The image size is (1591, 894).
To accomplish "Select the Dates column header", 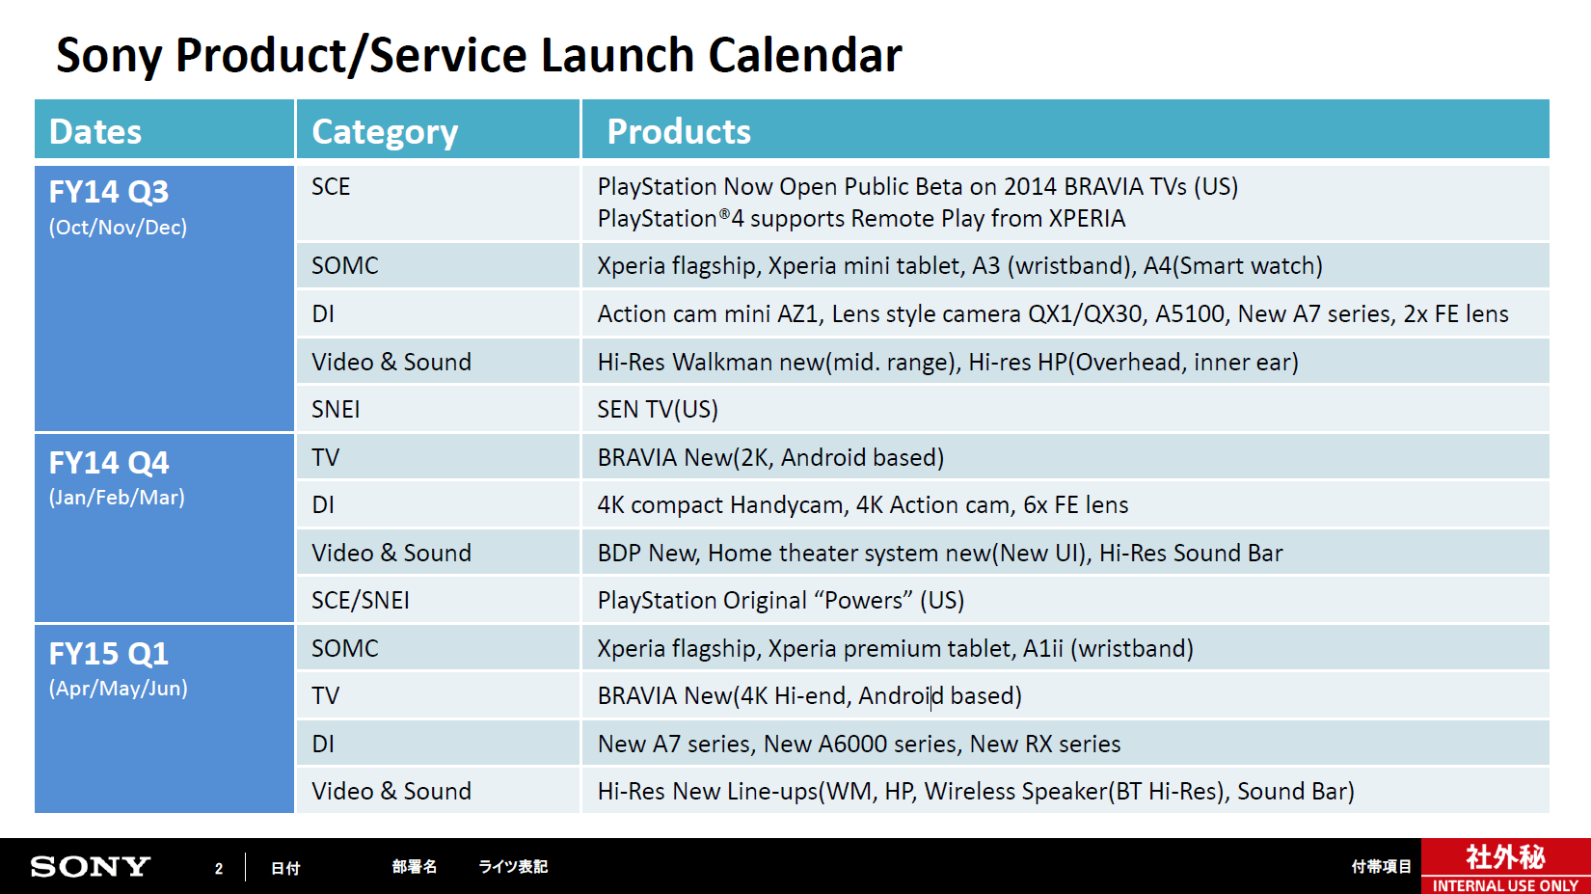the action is (x=95, y=131).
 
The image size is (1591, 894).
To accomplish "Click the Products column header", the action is (x=678, y=131).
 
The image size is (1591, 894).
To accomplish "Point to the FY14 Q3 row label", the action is (x=109, y=192).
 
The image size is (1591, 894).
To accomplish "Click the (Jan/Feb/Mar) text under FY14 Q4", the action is (x=118, y=498).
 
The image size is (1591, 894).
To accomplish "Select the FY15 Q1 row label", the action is (x=109, y=654).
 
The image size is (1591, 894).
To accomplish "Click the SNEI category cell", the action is (x=336, y=409).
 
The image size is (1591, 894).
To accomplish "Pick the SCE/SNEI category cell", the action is (x=360, y=601).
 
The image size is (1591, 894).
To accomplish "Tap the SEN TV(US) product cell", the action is (x=658, y=409).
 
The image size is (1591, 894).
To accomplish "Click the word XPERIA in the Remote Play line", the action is (x=1087, y=219).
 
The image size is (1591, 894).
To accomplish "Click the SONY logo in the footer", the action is (x=91, y=866).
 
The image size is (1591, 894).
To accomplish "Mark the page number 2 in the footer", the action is (x=219, y=868).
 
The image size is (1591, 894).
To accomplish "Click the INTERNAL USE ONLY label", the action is (x=1506, y=885).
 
